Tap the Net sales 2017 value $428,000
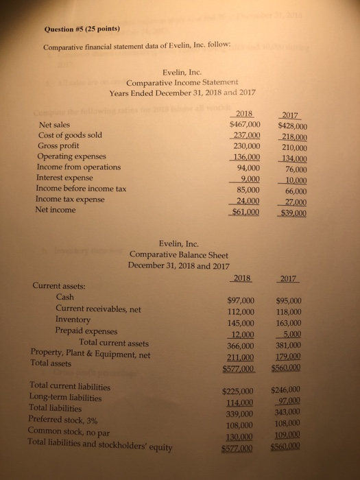click(291, 125)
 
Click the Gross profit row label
click(58, 146)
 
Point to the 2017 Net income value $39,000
click(291, 212)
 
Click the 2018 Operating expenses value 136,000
click(244, 156)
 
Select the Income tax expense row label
click(70, 199)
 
